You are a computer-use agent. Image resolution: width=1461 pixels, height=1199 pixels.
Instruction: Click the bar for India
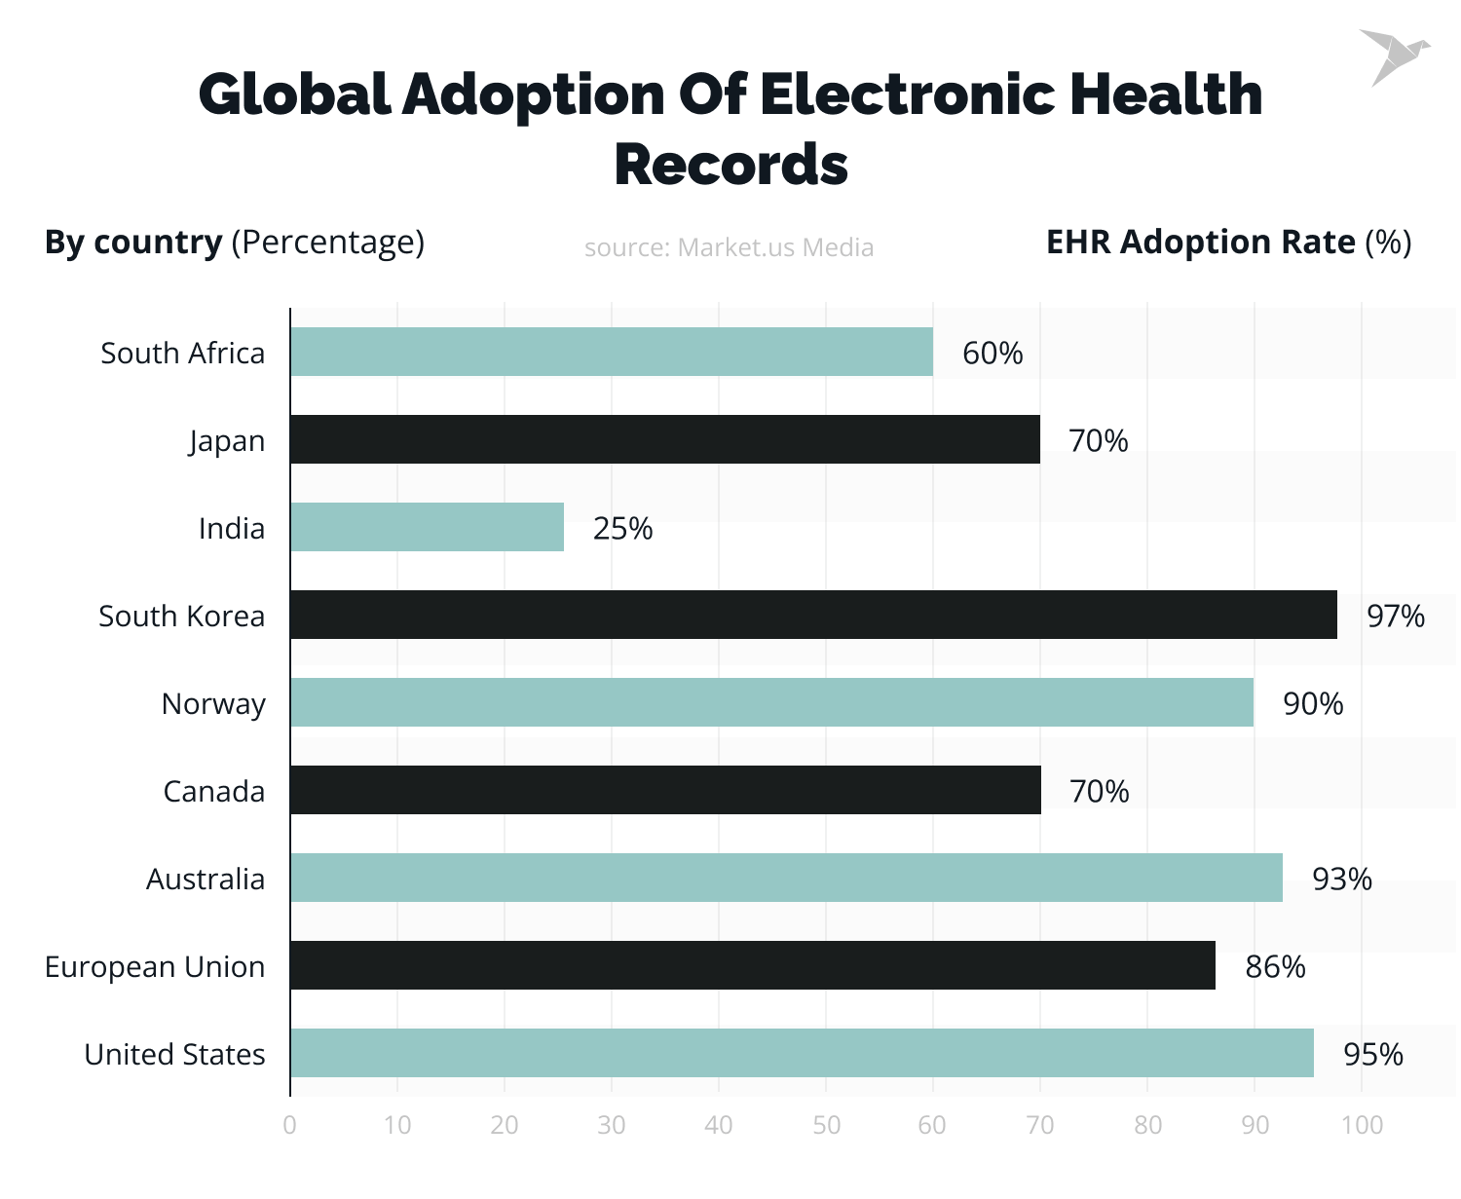[x=427, y=527]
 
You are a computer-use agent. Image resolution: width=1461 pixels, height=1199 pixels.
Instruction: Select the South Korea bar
[x=813, y=615]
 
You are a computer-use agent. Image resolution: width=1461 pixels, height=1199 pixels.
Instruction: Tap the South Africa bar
[x=611, y=352]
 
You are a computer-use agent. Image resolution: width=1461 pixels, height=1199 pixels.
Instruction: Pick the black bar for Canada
[x=665, y=790]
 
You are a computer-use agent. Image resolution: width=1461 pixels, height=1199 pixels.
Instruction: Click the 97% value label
[x=1395, y=616]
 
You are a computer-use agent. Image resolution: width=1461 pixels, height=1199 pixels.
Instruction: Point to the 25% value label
[x=622, y=528]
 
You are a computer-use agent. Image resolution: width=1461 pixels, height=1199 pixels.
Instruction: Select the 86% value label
[x=1275, y=966]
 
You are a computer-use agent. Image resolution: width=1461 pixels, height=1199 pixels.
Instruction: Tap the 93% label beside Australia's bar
[x=1341, y=879]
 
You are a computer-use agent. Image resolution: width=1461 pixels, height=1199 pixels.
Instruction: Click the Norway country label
[x=213, y=703]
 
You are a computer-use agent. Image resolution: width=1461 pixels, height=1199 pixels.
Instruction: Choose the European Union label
[x=155, y=966]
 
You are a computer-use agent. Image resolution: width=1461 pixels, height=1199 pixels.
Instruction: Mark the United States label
[x=174, y=1054]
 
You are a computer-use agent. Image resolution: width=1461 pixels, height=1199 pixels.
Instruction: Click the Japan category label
[x=227, y=440]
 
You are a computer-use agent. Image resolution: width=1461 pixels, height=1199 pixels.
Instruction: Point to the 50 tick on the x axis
[x=826, y=1125]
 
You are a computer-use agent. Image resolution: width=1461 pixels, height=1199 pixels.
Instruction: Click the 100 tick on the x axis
[x=1362, y=1125]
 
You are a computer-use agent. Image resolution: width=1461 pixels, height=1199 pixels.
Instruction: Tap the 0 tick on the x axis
[x=290, y=1125]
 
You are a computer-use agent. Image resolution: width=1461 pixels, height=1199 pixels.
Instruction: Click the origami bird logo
[x=1393, y=56]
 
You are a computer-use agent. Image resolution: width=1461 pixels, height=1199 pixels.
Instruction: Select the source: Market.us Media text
[x=729, y=247]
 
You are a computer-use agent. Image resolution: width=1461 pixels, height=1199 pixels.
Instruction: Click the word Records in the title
[x=730, y=164]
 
